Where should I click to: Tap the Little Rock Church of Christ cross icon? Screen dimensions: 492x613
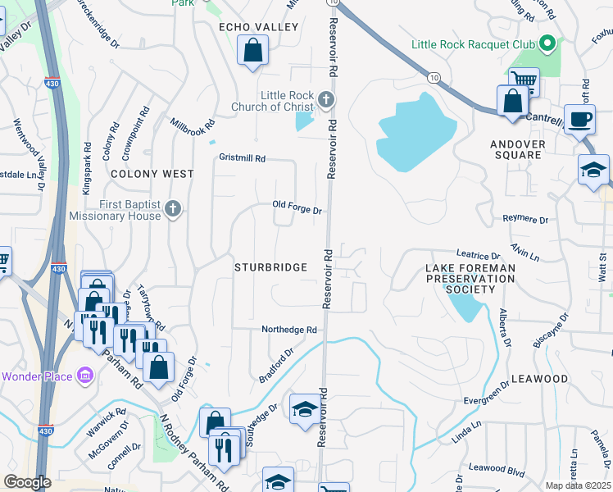point(326,101)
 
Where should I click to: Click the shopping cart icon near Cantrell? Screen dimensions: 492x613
point(524,80)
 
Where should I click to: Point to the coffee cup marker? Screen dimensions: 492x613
point(580,119)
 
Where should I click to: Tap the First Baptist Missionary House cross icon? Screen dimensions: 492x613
point(172,209)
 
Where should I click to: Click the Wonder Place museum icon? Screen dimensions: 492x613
point(84,376)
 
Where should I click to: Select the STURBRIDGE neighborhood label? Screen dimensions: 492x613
point(270,267)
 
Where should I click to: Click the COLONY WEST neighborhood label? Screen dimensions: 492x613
point(152,174)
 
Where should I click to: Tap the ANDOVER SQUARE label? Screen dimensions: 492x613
point(517,149)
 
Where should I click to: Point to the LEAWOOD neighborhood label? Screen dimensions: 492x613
point(539,379)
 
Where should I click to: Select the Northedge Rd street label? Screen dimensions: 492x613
point(288,330)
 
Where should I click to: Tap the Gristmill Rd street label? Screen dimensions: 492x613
point(243,157)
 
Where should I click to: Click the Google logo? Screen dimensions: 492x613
point(27,482)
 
